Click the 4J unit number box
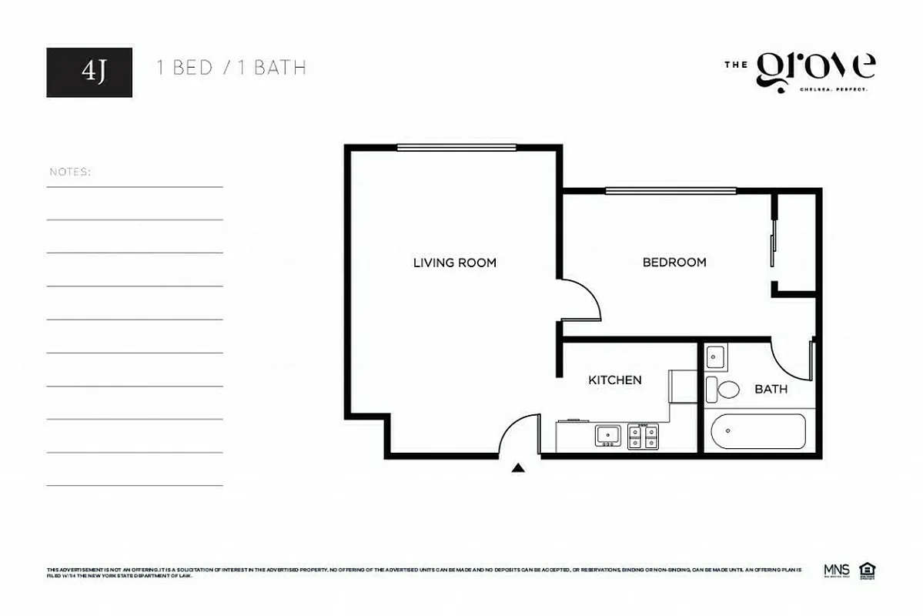point(89,72)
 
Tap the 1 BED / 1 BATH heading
point(231,68)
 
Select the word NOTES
point(70,172)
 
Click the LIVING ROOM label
point(454,263)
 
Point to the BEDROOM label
point(674,263)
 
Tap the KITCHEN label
point(614,380)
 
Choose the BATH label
point(771,390)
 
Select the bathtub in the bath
point(758,432)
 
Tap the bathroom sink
point(715,357)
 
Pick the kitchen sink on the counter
point(608,436)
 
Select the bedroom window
point(670,191)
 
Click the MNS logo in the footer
point(836,571)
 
